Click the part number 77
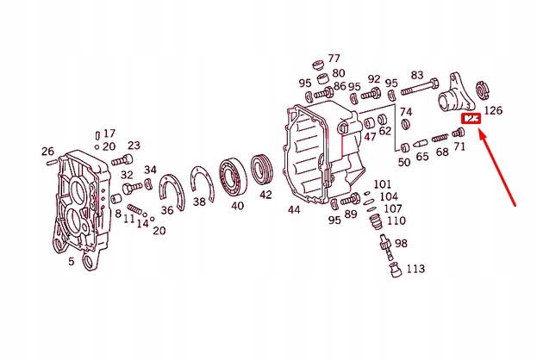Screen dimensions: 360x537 [334, 59]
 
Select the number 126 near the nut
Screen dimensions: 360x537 [493, 110]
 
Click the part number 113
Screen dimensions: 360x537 [415, 269]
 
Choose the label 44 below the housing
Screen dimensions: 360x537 [294, 209]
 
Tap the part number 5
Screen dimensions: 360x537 [71, 262]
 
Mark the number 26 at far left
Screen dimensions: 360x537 [47, 152]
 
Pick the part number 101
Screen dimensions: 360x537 [382, 184]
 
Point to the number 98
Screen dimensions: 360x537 [401, 244]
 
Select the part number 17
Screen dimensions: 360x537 [109, 133]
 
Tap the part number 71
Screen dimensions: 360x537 [459, 147]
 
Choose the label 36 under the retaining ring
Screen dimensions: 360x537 [167, 209]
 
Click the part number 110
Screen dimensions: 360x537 [396, 220]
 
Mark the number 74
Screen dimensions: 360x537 [405, 112]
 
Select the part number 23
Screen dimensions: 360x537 [134, 145]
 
